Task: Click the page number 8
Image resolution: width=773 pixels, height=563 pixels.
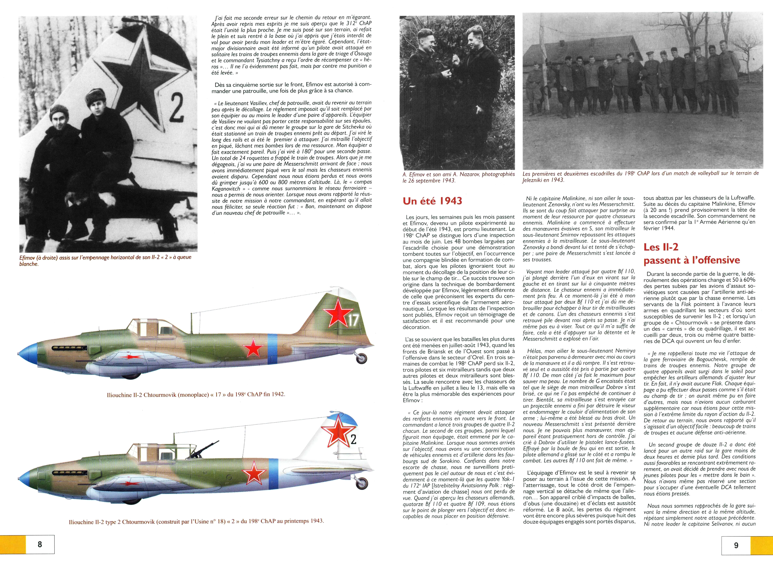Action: point(40,544)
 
